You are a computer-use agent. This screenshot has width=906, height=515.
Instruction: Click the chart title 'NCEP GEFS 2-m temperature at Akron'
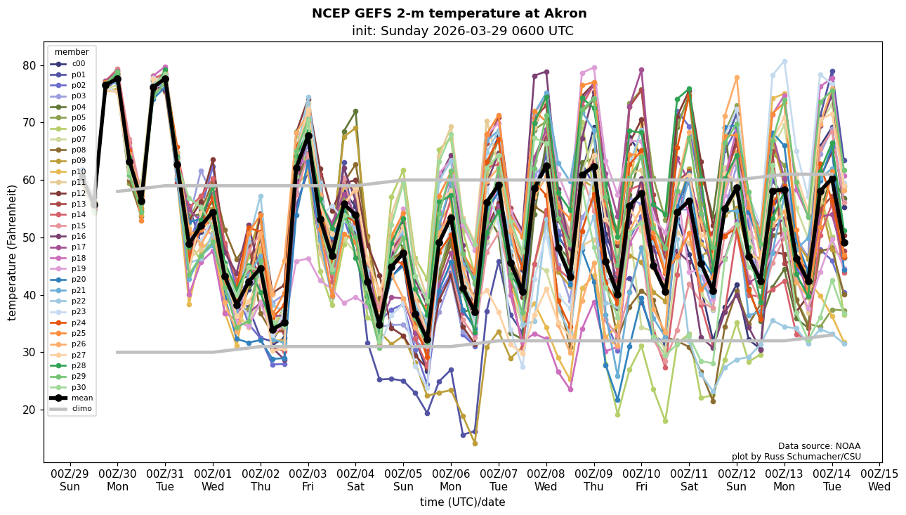pos(449,13)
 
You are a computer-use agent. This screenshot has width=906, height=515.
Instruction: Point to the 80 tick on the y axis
pos(31,65)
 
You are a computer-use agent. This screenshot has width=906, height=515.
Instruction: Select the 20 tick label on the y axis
pos(31,410)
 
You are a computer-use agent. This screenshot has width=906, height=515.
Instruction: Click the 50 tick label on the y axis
pos(31,237)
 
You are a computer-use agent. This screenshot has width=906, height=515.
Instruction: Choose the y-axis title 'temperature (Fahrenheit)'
pos(13,252)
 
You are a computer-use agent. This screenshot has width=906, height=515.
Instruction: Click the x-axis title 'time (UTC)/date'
pos(462,502)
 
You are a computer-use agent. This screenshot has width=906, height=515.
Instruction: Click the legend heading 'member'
pos(72,52)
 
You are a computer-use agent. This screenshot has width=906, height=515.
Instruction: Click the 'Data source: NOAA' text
pos(819,446)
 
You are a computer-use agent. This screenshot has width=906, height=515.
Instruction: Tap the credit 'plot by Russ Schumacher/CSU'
pos(796,457)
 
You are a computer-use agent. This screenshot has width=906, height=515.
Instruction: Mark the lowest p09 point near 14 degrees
pos(475,443)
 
